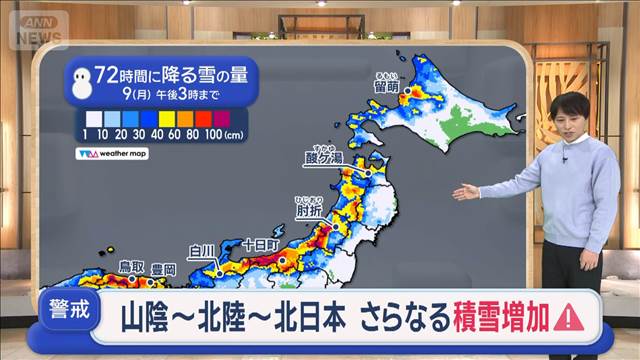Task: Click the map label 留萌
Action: point(386,87)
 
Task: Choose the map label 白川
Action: point(204,250)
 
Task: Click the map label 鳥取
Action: point(132,266)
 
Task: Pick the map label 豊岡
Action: point(163,269)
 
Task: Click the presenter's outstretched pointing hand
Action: point(465,192)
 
